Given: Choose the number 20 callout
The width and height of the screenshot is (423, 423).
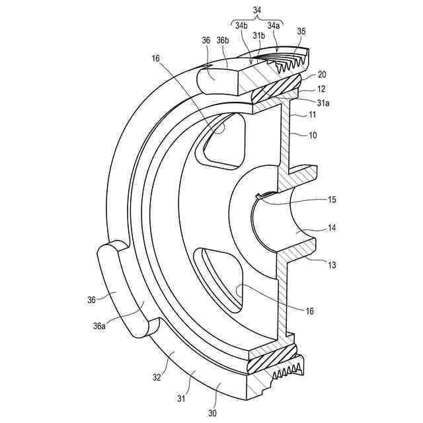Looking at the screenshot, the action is [x=322, y=75].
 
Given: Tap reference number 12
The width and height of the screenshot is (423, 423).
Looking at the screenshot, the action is [x=322, y=88].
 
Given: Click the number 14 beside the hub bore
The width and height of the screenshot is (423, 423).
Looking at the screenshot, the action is [x=331, y=228].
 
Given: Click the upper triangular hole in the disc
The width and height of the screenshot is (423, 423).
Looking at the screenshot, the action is [x=224, y=139].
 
